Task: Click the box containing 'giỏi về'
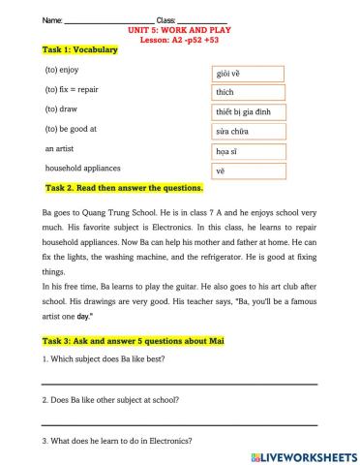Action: [247, 74]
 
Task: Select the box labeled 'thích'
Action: [247, 93]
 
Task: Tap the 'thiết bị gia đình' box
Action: [247, 112]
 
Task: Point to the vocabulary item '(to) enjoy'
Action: [62, 71]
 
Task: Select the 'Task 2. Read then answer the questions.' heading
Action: [124, 187]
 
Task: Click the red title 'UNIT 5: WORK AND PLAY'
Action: [181, 30]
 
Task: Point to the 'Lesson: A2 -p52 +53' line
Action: [181, 40]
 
